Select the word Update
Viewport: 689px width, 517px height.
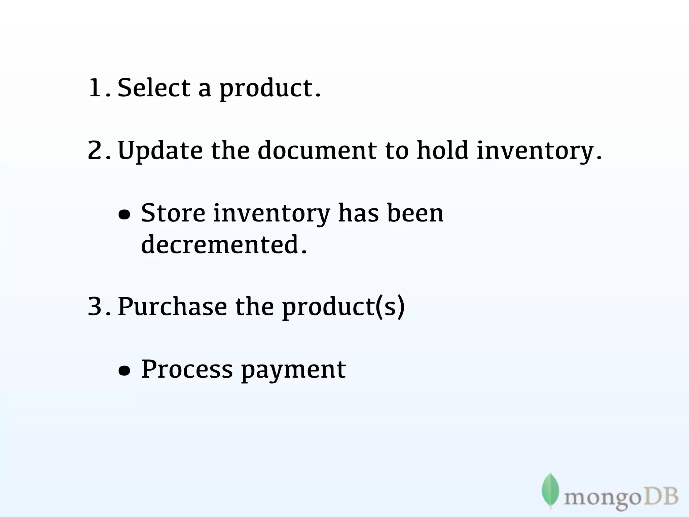pyautogui.click(x=160, y=151)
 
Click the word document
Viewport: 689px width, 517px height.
pyautogui.click(x=317, y=150)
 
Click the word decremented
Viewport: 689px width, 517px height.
pyautogui.click(x=220, y=244)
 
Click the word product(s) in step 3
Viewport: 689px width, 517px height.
pyautogui.click(x=343, y=307)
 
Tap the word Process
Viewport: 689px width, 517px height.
pyautogui.click(x=187, y=369)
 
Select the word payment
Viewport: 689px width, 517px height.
pyautogui.click(x=293, y=370)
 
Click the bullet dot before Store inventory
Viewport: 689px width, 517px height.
pyautogui.click(x=124, y=214)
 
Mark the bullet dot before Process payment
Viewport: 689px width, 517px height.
pyautogui.click(x=124, y=371)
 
